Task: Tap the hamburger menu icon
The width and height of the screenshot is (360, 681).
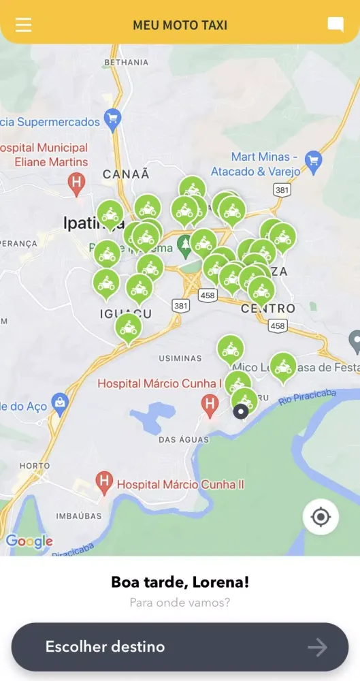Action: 24,25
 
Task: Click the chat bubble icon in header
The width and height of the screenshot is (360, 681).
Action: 336,25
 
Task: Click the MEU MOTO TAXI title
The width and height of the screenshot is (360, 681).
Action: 180,25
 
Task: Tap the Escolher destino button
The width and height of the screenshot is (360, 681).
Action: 180,647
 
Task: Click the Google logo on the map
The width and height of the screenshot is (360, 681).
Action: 29,541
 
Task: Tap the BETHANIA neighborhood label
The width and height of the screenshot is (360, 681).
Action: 127,63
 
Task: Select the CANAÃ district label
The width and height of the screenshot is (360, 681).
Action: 126,174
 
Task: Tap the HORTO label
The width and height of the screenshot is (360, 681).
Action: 35,466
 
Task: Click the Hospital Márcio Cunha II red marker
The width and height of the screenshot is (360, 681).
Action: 104,482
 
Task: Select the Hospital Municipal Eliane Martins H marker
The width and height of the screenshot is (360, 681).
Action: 77,182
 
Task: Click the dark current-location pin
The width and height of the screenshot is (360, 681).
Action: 240,411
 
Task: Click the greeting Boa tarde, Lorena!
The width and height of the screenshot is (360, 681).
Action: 180,583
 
